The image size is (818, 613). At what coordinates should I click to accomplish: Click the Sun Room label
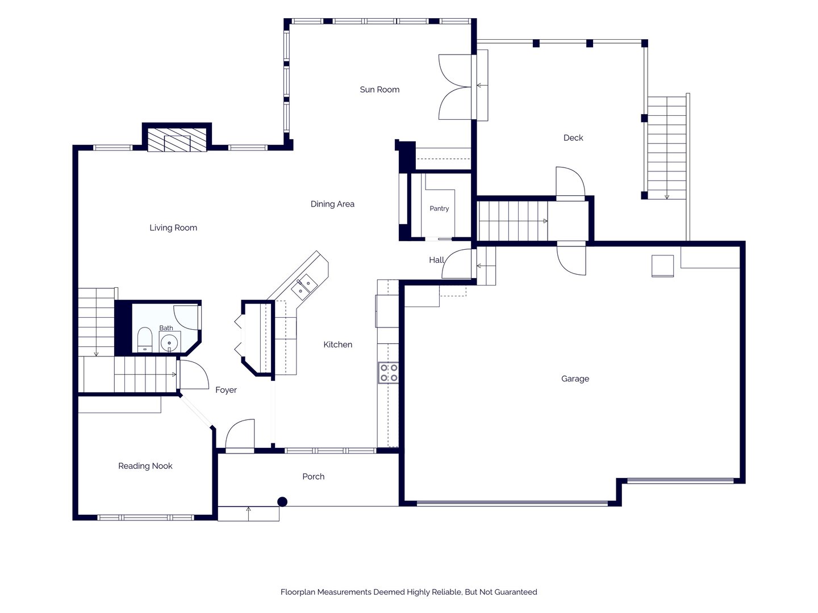click(379, 90)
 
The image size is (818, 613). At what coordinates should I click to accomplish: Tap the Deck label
click(573, 138)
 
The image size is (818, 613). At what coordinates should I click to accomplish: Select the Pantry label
click(439, 209)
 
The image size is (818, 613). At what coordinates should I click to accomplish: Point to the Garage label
click(575, 379)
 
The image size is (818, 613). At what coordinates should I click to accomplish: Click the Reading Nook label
click(145, 466)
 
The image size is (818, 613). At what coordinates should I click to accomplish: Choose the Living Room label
click(173, 228)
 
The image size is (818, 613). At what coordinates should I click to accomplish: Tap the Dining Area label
click(332, 204)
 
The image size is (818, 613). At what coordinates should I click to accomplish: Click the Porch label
click(313, 476)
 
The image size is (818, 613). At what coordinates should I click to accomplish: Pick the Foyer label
click(226, 390)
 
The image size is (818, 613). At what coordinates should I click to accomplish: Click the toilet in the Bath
click(144, 339)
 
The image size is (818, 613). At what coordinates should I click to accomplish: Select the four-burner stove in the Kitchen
click(389, 372)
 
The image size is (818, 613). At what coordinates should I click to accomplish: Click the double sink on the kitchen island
click(304, 286)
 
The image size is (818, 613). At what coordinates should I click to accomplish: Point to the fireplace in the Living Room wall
click(177, 140)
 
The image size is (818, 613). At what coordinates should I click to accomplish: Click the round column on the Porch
click(282, 502)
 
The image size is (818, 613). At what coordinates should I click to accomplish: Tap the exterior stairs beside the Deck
click(666, 148)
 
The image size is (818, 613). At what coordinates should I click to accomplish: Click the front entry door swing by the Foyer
click(240, 434)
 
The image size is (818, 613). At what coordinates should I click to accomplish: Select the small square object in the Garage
click(662, 266)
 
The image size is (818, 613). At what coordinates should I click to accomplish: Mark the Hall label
click(436, 260)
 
